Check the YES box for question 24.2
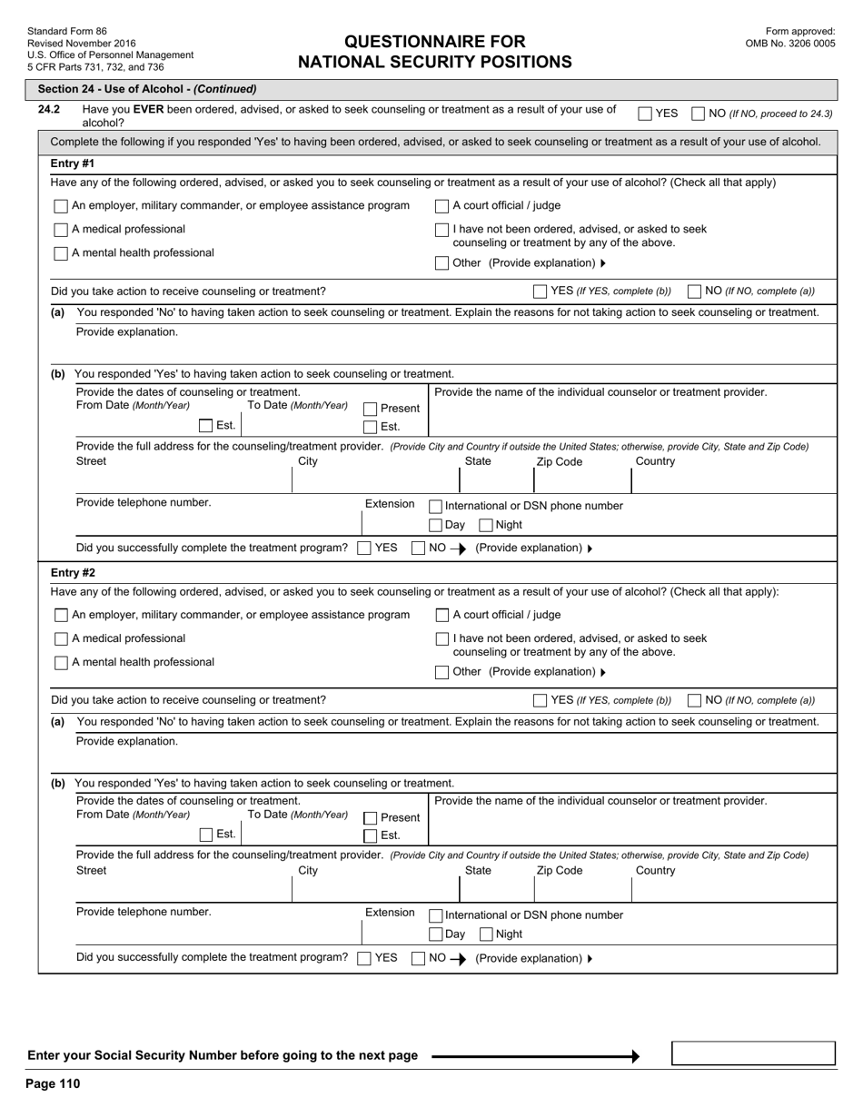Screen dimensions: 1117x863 644,114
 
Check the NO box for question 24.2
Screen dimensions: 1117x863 698,114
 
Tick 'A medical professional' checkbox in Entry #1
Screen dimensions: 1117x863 61,230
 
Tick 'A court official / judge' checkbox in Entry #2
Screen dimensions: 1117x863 442,615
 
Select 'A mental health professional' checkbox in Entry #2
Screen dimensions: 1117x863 61,663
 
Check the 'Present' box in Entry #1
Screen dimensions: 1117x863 370,409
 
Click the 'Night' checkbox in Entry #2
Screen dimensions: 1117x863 486,934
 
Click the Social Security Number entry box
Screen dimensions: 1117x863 752,1053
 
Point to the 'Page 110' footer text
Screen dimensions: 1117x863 54,1083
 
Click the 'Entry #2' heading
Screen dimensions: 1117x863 73,573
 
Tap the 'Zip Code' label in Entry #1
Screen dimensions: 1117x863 560,461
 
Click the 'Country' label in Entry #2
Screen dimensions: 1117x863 655,870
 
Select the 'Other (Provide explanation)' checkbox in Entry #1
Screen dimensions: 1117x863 441,263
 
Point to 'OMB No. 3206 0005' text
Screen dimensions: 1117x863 790,43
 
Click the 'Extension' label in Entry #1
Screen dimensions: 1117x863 390,503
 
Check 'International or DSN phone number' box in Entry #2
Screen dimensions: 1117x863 435,915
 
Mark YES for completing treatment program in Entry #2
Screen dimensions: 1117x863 363,957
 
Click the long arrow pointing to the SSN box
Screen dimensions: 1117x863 535,1056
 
